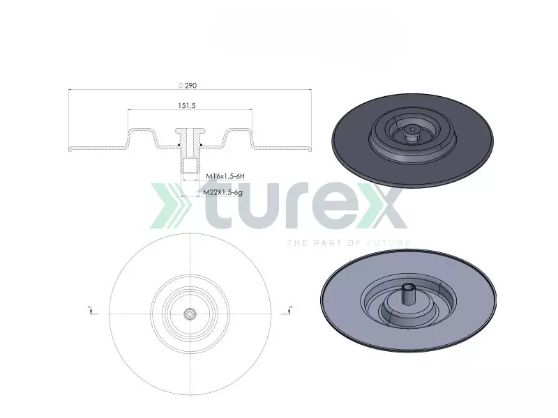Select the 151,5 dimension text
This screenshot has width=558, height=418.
186,105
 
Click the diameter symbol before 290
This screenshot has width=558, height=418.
181,85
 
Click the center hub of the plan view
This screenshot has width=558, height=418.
190,313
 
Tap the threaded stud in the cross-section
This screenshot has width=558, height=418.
189,166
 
